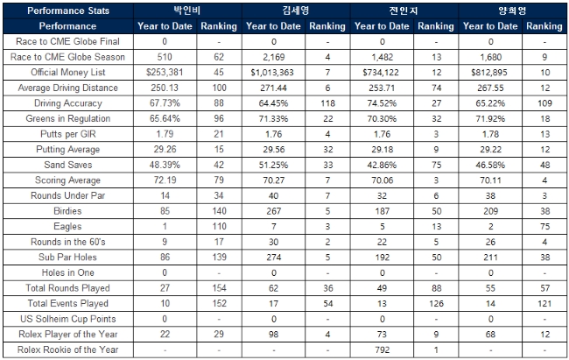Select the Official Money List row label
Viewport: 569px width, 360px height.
pos(67,73)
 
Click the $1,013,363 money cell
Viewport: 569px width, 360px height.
pos(270,73)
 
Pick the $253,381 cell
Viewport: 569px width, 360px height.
pos(164,73)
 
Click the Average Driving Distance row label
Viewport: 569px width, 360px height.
pos(67,88)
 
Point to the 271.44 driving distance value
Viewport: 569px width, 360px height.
pos(270,88)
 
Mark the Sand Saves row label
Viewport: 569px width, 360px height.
pos(67,166)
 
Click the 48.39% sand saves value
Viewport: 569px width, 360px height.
pos(164,166)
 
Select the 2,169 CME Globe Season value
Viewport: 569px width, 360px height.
pos(270,57)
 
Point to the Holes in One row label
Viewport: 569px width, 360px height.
pos(67,273)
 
